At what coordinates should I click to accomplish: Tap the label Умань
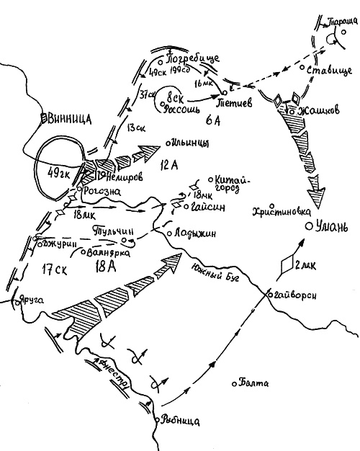point(333,228)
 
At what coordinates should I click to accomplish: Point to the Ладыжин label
point(190,234)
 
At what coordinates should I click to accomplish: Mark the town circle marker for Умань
point(308,227)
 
